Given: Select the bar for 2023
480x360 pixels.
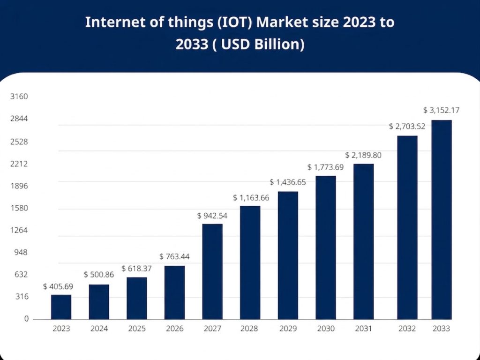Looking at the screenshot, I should tap(61, 307).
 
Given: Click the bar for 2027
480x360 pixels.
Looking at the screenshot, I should tap(212, 272).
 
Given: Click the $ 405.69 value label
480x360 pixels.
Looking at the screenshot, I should tap(58, 286).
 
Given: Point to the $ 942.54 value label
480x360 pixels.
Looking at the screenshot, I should tap(212, 216).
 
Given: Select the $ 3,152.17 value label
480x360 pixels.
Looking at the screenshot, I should tap(441, 111).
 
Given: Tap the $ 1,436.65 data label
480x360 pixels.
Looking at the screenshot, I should tap(288, 182).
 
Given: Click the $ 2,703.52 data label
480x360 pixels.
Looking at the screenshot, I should tap(407, 126).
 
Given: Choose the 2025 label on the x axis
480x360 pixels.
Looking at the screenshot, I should tap(136, 329).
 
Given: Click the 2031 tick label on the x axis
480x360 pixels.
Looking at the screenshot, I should tap(363, 329).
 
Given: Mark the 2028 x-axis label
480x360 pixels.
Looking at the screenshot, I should tap(250, 329).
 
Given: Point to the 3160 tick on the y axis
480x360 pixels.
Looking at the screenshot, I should tap(20, 97).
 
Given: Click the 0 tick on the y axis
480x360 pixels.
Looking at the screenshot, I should tap(26, 319).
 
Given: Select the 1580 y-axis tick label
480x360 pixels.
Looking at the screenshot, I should tap(20, 208).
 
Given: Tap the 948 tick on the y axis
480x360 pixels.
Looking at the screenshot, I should tap(22, 253).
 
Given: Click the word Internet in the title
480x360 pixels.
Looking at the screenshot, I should tap(107, 22).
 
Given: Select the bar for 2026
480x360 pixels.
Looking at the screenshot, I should tap(174, 292).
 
